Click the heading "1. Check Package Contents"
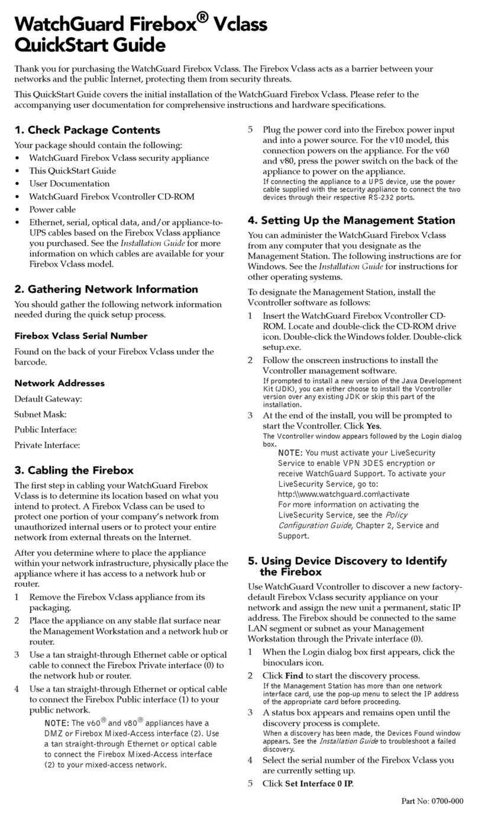pos(87,130)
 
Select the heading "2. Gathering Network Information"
pos(106,289)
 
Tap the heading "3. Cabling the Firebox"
pos(74,470)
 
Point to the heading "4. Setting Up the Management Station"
pos(351,221)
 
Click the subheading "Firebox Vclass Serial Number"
pos(81,336)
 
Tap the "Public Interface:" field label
pos(46,429)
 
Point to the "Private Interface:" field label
pos(47,445)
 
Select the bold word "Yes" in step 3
pos(373,426)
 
